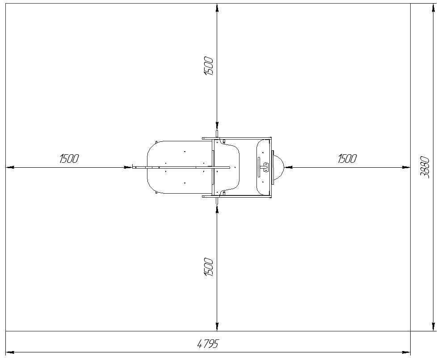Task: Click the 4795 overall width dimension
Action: (208, 344)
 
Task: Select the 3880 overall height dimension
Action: (425, 167)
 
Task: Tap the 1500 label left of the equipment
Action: (69, 158)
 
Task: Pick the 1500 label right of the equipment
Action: (347, 158)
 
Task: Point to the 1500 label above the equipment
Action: (209, 66)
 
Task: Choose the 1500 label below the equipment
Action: (209, 267)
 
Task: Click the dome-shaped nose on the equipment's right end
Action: (278, 167)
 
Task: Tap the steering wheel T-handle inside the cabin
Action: (263, 167)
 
